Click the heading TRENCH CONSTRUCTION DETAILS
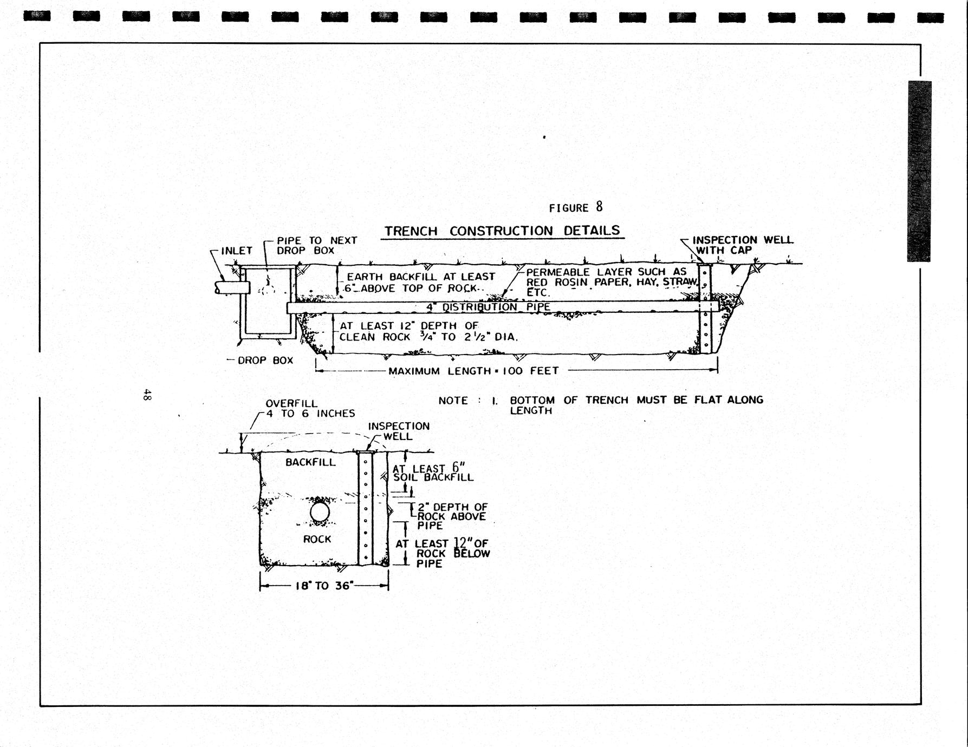502,231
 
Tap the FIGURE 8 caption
575,207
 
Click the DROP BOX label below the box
265,361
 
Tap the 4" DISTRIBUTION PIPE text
488,307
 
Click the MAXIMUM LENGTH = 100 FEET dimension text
473,371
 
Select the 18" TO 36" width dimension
324,586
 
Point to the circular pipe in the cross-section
320,512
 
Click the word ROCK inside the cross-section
317,539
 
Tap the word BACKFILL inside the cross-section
310,462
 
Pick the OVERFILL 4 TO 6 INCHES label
309,409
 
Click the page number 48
147,395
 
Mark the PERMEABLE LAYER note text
610,281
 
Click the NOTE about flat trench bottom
600,404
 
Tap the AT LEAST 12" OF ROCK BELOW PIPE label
442,553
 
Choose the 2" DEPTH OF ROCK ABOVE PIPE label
451,516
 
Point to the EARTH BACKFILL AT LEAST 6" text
420,282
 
